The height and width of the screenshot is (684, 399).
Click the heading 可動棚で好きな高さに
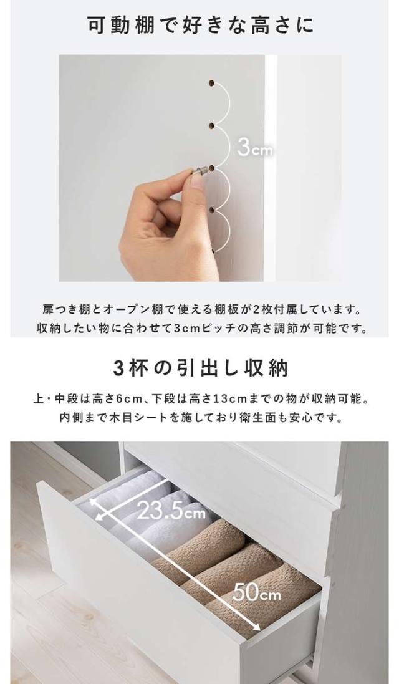pyautogui.click(x=200, y=26)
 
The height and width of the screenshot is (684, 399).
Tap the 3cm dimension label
pyautogui.click(x=254, y=148)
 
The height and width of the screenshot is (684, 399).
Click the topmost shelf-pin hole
pyautogui.click(x=212, y=82)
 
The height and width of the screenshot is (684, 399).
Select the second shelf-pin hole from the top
pyautogui.click(x=212, y=127)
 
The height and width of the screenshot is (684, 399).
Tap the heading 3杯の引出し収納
pyautogui.click(x=200, y=368)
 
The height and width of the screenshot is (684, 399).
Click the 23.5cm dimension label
pyautogui.click(x=171, y=510)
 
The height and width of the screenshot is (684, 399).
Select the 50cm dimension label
pyautogui.click(x=256, y=592)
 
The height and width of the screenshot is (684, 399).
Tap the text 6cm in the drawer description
pyautogui.click(x=125, y=398)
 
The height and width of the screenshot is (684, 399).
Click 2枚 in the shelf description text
pyautogui.click(x=262, y=310)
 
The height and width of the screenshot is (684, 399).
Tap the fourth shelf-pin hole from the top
pyautogui.click(x=212, y=210)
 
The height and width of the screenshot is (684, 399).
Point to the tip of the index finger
pyautogui.click(x=190, y=173)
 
